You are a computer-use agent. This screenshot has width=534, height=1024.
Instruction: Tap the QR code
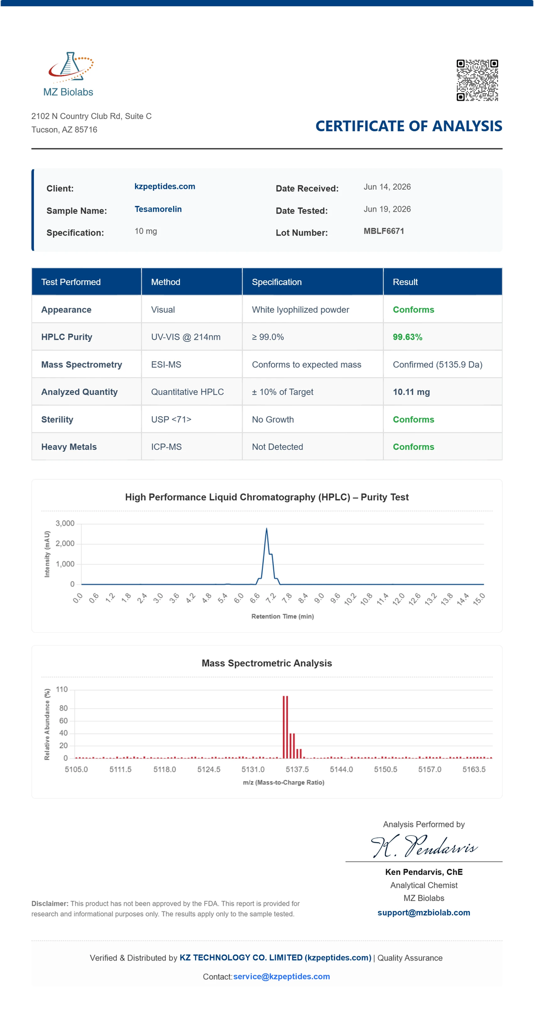pyautogui.click(x=477, y=80)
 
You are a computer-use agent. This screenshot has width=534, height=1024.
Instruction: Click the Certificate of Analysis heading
pyautogui.click(x=409, y=126)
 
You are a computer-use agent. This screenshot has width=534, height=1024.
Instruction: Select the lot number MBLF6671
pyautogui.click(x=384, y=231)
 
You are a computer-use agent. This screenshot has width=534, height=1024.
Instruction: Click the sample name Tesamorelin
pyautogui.click(x=158, y=209)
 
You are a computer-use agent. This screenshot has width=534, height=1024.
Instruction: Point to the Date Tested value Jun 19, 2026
pyautogui.click(x=387, y=209)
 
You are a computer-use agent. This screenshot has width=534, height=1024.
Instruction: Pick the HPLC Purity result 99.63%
pyautogui.click(x=407, y=337)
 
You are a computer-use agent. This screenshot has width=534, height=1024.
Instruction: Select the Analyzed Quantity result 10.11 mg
pyautogui.click(x=411, y=392)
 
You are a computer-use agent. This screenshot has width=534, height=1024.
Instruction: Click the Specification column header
pyautogui.click(x=277, y=282)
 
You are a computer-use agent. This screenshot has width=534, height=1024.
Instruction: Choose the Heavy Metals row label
pyautogui.click(x=69, y=447)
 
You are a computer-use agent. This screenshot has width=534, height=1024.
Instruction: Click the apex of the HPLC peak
pyautogui.click(x=266, y=528)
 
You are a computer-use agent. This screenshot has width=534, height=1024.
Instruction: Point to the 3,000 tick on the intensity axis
pyautogui.click(x=65, y=523)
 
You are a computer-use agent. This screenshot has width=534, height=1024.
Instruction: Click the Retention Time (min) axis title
pyautogui.click(x=283, y=616)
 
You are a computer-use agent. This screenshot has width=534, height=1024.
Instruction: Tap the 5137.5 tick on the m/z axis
pyautogui.click(x=297, y=769)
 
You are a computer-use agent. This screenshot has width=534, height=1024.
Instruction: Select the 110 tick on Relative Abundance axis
pyautogui.click(x=62, y=689)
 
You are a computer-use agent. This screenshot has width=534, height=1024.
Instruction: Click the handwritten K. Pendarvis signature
pyautogui.click(x=424, y=846)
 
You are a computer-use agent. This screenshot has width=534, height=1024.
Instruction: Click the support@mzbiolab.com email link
pyautogui.click(x=424, y=912)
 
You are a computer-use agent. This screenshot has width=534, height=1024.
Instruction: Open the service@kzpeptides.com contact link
pyautogui.click(x=282, y=976)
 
